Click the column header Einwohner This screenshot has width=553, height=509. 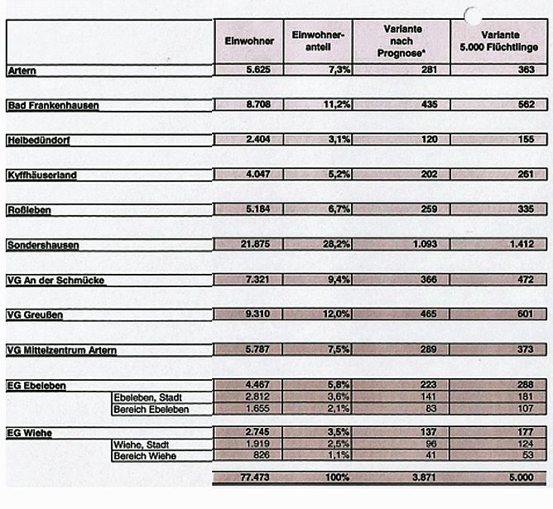click(244, 43)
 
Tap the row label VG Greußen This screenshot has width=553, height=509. click(34, 315)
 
